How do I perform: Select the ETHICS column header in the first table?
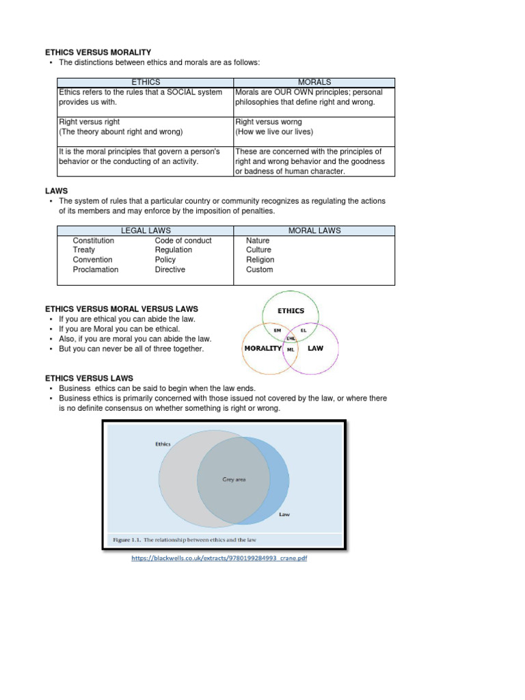(146, 82)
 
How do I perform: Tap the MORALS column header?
(314, 82)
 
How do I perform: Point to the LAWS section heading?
(56, 191)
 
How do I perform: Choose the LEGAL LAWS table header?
(146, 230)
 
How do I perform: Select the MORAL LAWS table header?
(314, 230)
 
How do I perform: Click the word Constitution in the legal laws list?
(94, 241)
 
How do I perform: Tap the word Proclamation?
(96, 269)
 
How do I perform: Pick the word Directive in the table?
(170, 269)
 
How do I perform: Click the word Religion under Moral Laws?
(260, 260)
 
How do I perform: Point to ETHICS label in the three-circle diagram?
(291, 310)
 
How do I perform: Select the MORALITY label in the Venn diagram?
(263, 348)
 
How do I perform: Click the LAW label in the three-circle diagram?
(315, 348)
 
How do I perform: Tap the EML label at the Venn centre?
(291, 338)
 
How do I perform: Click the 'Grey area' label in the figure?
(234, 479)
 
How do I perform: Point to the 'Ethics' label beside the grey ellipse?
(163, 444)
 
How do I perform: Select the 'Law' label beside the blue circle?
(284, 514)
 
